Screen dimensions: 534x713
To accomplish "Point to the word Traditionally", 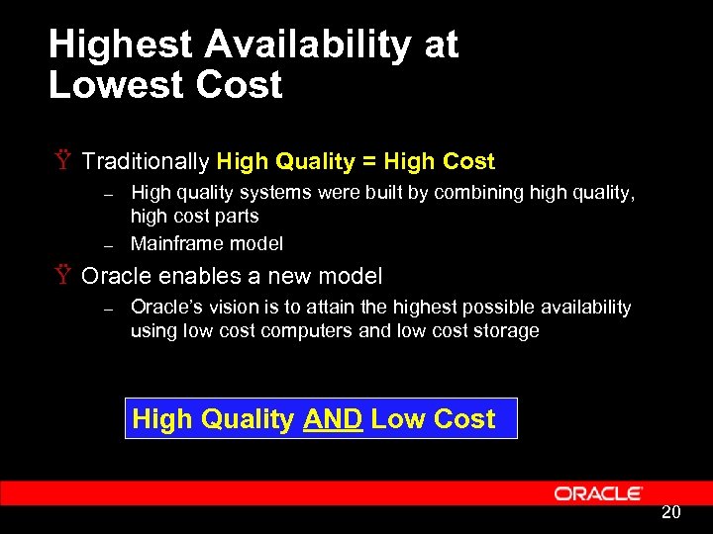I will coord(146,161).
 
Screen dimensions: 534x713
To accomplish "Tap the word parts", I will coord(237,217).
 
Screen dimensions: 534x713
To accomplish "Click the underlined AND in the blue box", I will coord(333,419).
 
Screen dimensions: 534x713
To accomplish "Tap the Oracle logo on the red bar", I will coord(598,493).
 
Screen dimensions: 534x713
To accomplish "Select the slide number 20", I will coord(670,512).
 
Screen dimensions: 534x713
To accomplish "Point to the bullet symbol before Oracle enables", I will coord(62,276).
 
